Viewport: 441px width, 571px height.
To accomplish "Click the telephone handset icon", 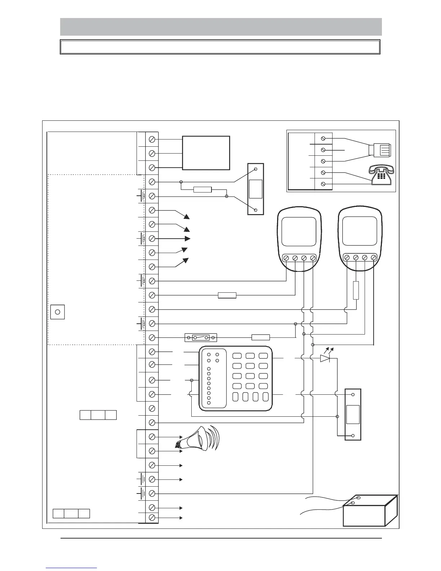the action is click(x=382, y=176).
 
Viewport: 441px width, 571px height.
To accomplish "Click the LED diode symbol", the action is click(x=325, y=358).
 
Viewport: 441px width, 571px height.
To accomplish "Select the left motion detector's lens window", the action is click(x=299, y=231).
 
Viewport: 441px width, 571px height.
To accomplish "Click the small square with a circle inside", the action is click(x=57, y=312).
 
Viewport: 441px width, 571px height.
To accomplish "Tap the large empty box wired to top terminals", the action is click(x=206, y=152).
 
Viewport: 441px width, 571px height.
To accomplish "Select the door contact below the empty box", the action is click(x=256, y=189).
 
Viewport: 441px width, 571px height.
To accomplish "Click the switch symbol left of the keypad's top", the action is click(x=200, y=338).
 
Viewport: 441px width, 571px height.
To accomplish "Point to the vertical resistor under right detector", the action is click(x=356, y=291).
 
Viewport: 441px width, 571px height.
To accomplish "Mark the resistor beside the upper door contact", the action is click(x=202, y=190).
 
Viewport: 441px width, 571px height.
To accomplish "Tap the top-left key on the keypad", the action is click(x=237, y=356).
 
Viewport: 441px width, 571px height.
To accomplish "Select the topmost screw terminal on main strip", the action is click(x=152, y=139).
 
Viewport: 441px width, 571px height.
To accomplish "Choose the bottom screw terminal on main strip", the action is click(x=152, y=518).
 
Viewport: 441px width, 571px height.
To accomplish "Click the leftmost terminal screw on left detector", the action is click(x=286, y=258).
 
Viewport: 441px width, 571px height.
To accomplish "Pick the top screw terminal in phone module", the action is click(x=323, y=138).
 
